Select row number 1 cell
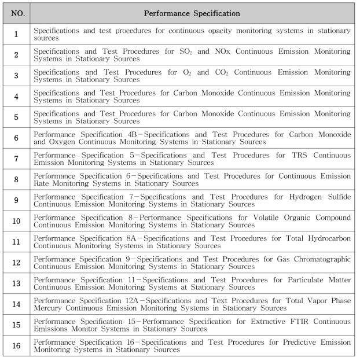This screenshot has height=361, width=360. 16,34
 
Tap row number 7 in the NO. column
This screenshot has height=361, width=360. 16,159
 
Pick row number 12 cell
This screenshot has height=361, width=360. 16,263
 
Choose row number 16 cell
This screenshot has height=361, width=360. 16,345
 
